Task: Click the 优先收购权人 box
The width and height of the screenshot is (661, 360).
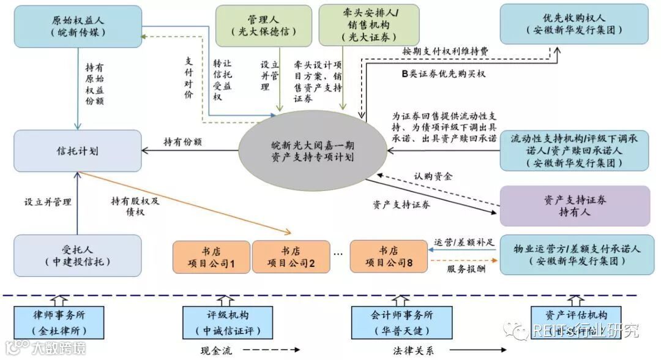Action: (x=574, y=24)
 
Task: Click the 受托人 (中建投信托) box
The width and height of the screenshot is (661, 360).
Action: (x=77, y=256)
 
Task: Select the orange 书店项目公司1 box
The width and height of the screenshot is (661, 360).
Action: (x=211, y=257)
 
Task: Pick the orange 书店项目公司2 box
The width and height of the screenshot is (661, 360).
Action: (x=291, y=257)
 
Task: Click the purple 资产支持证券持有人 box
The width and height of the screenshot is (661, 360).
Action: (x=574, y=206)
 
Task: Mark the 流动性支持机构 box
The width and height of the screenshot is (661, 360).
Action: (x=574, y=151)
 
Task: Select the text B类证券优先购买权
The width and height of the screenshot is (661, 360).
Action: (x=443, y=74)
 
